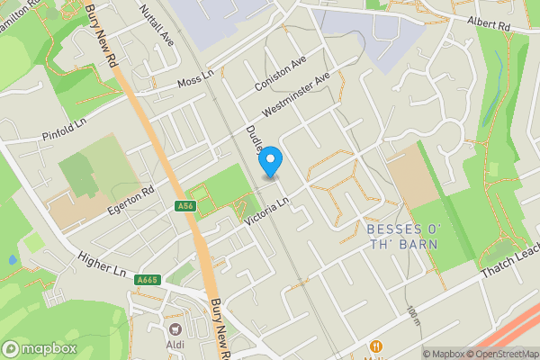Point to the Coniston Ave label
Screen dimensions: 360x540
[281, 73]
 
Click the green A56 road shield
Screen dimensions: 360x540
[185, 207]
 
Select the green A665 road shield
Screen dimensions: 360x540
[148, 281]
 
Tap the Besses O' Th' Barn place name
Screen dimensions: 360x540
[402, 236]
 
